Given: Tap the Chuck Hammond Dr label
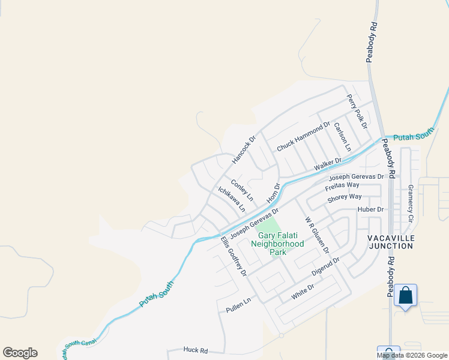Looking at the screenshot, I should click(x=303, y=137).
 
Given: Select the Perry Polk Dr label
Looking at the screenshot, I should click(x=357, y=112).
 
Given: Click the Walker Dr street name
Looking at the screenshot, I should click(x=328, y=164).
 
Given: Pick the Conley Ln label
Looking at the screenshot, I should click(x=242, y=189).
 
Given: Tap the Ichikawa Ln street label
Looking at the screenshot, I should click(x=232, y=199).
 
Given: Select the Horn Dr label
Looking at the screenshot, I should click(x=273, y=193).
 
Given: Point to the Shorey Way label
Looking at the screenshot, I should click(x=344, y=197).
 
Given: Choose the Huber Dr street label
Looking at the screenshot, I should click(x=370, y=209).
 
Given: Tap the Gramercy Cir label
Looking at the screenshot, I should click(x=411, y=203).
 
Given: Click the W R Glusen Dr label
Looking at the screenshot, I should click(x=317, y=235).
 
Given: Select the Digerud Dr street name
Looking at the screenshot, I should click(x=325, y=268).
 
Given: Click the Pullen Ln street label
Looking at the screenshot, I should click(x=237, y=308).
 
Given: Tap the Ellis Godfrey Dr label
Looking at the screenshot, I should click(x=234, y=256).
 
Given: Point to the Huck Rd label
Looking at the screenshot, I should click(x=196, y=350).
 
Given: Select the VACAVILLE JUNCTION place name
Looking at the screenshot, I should click(x=391, y=242).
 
